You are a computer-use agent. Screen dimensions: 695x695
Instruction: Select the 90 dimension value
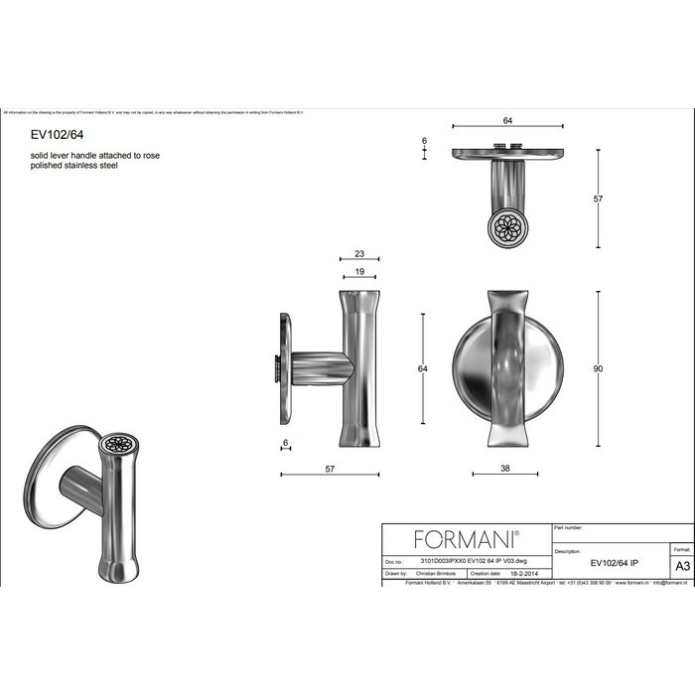(598, 369)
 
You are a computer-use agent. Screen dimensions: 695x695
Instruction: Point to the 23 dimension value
(358, 254)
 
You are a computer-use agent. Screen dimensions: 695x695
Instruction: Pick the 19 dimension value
(358, 272)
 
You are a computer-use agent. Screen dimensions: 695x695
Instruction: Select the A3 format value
(681, 565)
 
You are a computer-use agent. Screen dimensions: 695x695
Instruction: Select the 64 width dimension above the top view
(506, 120)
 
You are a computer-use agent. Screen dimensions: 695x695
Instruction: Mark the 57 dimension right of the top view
(598, 200)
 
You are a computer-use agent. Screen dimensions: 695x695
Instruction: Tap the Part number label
(568, 528)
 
